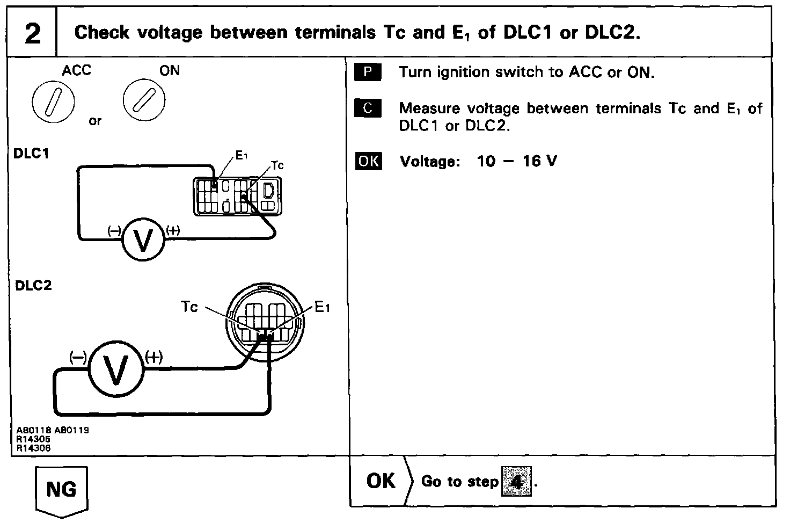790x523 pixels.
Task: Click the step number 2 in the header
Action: [32, 33]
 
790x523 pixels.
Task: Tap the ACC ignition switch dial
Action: [53, 102]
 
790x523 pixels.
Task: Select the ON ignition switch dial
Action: [144, 100]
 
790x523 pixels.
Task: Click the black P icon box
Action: [368, 72]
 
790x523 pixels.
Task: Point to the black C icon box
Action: [368, 108]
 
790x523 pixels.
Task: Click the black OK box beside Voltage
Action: [368, 161]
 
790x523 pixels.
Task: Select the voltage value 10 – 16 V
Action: [517, 161]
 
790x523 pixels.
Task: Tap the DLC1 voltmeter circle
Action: [143, 240]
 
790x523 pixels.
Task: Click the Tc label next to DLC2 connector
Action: [189, 307]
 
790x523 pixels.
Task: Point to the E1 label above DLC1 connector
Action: [242, 156]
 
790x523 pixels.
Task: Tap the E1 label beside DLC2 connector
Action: [322, 307]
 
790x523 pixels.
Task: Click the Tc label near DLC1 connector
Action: [277, 165]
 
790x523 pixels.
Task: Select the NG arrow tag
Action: [61, 490]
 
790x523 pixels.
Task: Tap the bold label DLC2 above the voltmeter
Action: [33, 285]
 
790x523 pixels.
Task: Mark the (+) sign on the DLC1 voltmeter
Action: [173, 230]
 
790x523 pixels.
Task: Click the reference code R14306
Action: [34, 449]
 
